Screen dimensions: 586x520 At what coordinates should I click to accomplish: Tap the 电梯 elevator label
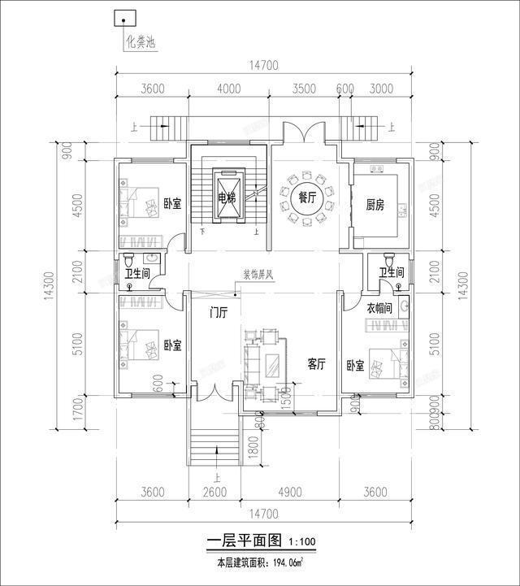pos(227,198)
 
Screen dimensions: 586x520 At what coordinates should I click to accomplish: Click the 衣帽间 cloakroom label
pos(379,309)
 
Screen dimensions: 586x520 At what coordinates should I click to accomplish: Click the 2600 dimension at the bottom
pos(214,491)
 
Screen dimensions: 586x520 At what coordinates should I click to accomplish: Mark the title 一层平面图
pos(244,541)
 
